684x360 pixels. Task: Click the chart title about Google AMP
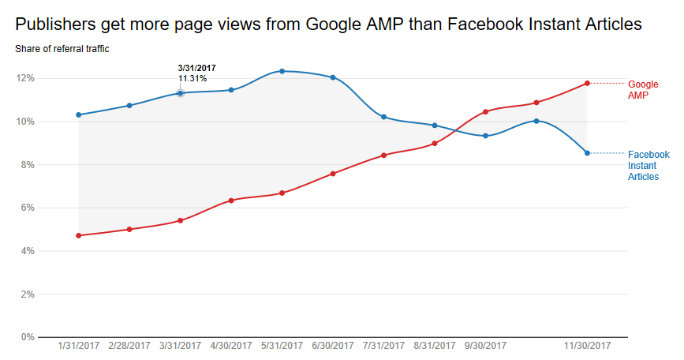click(328, 24)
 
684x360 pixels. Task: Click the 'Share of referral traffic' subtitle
click(62, 49)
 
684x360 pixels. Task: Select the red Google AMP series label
click(642, 89)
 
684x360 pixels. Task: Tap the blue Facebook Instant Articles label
click(648, 166)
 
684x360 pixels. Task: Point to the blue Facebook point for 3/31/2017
click(180, 93)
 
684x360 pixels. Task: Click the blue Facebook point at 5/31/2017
click(282, 71)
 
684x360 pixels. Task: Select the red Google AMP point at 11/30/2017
click(587, 83)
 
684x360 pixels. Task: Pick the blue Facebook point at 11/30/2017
click(587, 153)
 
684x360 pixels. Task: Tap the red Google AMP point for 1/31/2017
click(79, 235)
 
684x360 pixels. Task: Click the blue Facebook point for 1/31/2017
click(79, 114)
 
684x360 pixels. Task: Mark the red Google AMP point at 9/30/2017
click(485, 111)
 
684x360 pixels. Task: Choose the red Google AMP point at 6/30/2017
click(333, 173)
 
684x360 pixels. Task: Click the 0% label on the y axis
click(27, 337)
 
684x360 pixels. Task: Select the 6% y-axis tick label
click(27, 208)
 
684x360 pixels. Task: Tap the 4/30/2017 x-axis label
click(231, 347)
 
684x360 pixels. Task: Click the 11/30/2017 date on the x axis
click(587, 347)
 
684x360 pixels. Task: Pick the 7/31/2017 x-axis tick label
click(383, 347)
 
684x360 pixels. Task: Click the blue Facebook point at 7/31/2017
click(383, 117)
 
